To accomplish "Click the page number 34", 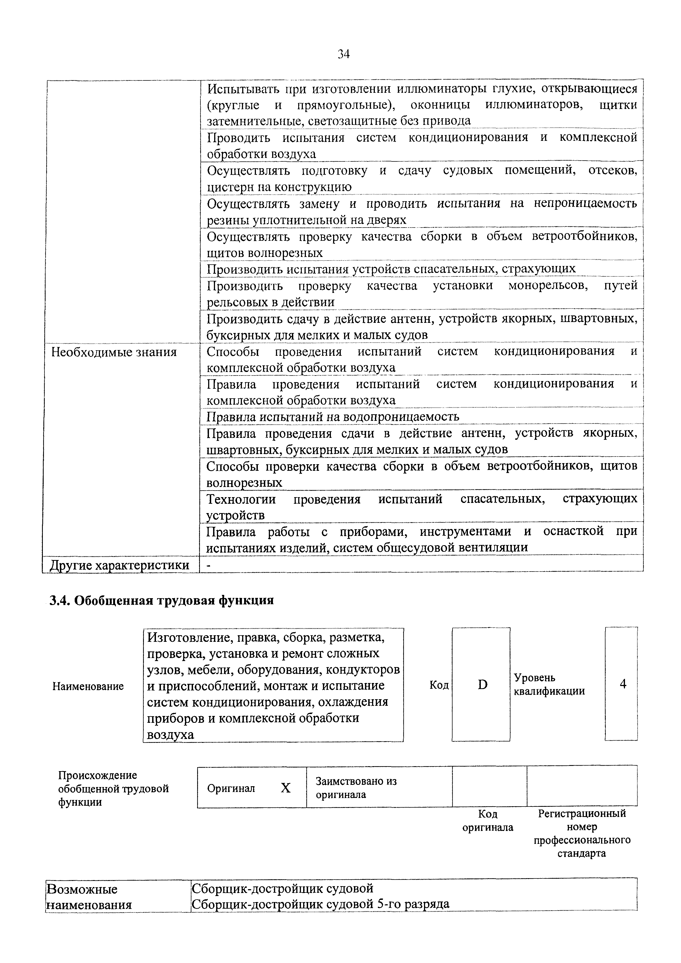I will (343, 54).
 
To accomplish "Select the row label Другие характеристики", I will (119, 565).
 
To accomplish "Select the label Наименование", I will (88, 686).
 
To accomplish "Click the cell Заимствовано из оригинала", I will (356, 788).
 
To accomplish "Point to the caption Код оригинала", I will (488, 821).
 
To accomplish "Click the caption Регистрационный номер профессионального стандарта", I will (582, 833).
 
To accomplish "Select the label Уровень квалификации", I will (549, 684).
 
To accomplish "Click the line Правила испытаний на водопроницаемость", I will (333, 416).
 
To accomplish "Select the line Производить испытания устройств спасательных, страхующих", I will (391, 268).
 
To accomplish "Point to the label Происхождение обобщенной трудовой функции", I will (113, 788).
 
